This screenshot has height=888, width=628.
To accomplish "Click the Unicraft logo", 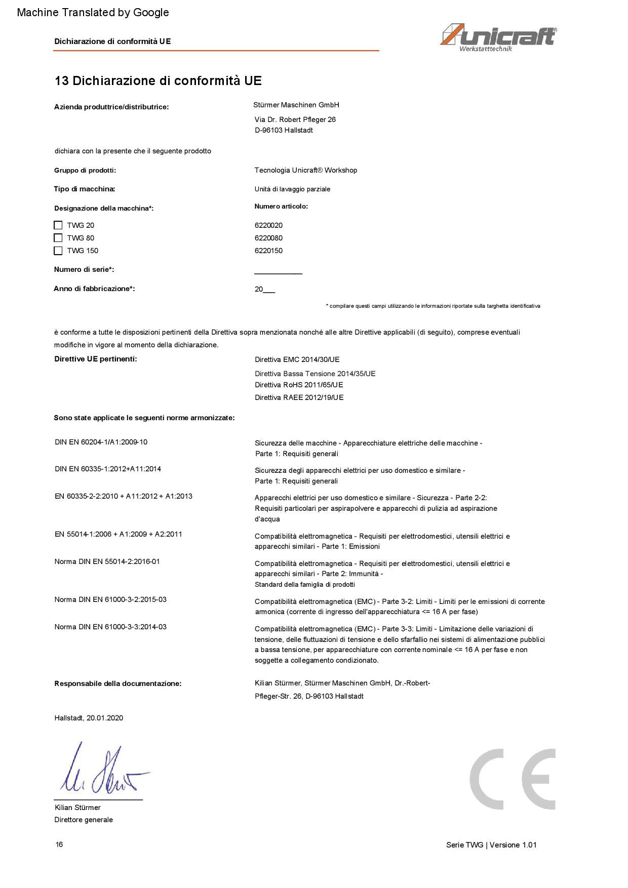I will pyautogui.click(x=498, y=37).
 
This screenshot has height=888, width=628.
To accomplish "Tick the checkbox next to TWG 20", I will pyautogui.click(x=58, y=225).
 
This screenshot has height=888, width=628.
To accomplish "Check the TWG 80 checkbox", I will pyautogui.click(x=58, y=238).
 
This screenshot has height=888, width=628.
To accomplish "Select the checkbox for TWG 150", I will pyautogui.click(x=58, y=251).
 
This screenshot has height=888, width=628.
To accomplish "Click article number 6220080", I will pyautogui.click(x=268, y=238).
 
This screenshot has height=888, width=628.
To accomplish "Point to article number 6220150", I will pyautogui.click(x=268, y=251).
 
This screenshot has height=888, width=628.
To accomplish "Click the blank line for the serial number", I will pyautogui.click(x=278, y=272).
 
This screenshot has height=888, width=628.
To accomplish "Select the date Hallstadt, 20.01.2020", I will pyautogui.click(x=89, y=718).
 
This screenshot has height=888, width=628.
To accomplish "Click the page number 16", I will pyautogui.click(x=59, y=844).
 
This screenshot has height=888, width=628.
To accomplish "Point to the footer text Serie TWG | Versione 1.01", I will pyautogui.click(x=491, y=844).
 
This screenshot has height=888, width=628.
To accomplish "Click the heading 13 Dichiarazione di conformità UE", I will pyautogui.click(x=158, y=80).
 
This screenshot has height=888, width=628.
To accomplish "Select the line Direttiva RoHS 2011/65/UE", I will pyautogui.click(x=299, y=385).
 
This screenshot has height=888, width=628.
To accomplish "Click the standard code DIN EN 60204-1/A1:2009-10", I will pyautogui.click(x=101, y=442).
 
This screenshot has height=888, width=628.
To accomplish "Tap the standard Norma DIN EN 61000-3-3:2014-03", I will pyautogui.click(x=110, y=627).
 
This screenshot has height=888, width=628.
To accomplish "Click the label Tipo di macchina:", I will pyautogui.click(x=85, y=189).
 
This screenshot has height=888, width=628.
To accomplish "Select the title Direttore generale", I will pyautogui.click(x=84, y=820).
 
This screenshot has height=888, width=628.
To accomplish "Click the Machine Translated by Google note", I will pyautogui.click(x=93, y=12).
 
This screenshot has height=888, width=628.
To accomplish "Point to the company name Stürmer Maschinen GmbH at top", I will pyautogui.click(x=296, y=105).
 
